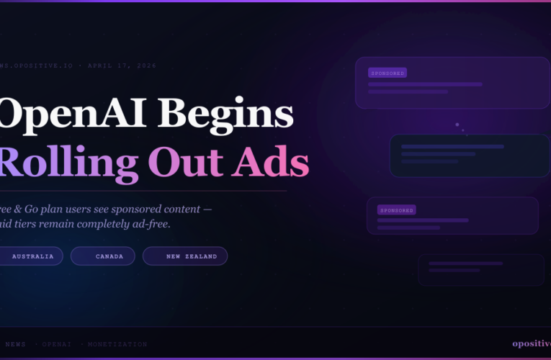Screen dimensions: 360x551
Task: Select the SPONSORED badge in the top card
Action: click(x=388, y=73)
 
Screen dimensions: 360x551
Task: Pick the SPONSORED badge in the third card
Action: click(x=397, y=210)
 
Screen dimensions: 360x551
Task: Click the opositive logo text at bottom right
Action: click(x=531, y=343)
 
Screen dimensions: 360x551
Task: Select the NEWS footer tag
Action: click(x=15, y=344)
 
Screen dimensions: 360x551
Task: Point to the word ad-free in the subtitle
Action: click(x=151, y=225)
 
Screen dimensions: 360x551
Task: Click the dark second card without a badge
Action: click(x=460, y=156)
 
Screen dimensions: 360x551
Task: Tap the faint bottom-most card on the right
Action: click(x=481, y=269)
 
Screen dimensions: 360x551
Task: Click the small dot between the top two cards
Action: click(x=457, y=125)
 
